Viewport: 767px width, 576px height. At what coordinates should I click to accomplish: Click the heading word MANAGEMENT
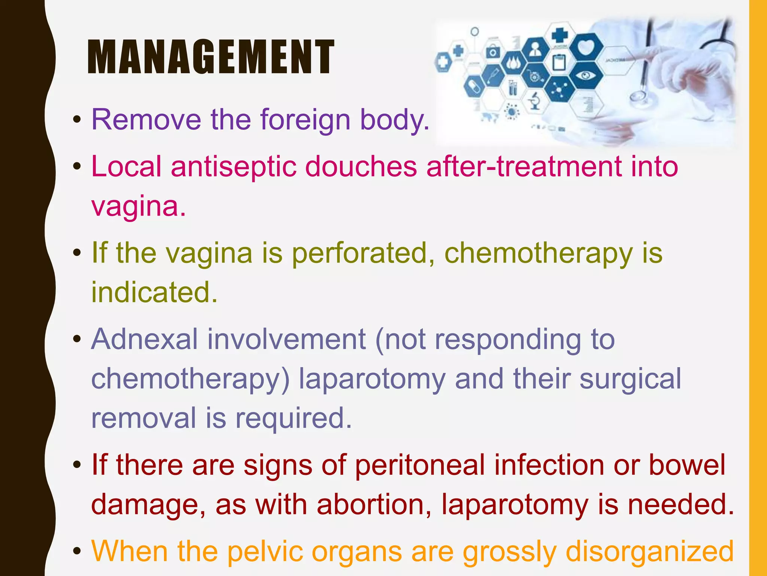click(210, 57)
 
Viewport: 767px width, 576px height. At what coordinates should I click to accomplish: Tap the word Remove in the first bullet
click(146, 120)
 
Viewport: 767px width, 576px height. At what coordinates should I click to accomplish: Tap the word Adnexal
click(145, 339)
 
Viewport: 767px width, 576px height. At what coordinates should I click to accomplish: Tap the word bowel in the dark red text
click(687, 465)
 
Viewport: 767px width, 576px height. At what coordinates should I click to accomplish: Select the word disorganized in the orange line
click(649, 551)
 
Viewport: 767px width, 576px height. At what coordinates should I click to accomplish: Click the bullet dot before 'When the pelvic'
click(77, 552)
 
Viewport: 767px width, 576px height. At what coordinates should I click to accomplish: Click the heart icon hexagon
click(586, 46)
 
